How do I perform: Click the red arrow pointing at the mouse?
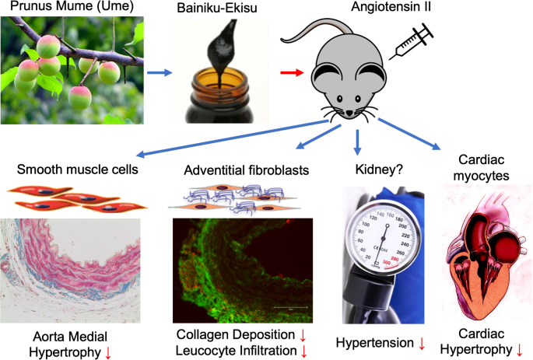coord(292,72)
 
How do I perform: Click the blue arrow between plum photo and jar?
coord(160,72)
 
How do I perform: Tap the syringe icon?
coord(412,41)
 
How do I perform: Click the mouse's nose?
coord(349,113)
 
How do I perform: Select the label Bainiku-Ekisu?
coord(217,8)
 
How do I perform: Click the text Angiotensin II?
coord(391,7)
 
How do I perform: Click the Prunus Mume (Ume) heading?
coord(72,5)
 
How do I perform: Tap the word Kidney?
coord(379,170)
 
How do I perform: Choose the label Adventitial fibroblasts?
coord(247,170)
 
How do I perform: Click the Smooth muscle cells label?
coord(78,170)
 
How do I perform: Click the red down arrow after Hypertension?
coord(422,344)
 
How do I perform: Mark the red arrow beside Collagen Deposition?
coord(303,335)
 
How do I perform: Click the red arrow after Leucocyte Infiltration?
coord(304,351)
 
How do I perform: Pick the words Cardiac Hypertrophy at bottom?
coord(481,341)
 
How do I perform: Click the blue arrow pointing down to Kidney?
coord(357,142)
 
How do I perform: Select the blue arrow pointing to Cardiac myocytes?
coord(409,134)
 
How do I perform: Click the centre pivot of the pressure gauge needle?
coord(387,225)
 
